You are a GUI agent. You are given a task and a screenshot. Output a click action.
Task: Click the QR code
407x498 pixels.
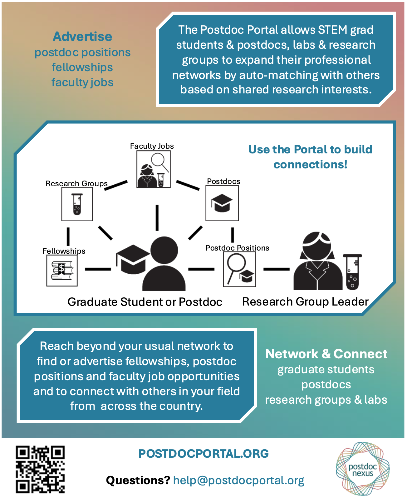tap(40, 469)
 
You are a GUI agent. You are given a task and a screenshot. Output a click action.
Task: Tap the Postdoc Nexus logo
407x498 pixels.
tap(362, 468)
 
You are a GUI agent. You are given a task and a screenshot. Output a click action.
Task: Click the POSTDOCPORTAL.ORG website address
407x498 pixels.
tap(203, 454)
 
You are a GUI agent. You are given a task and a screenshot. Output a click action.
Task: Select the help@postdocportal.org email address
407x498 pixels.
tap(238, 481)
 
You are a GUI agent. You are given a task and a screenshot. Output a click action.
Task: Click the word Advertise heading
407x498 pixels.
tap(82, 37)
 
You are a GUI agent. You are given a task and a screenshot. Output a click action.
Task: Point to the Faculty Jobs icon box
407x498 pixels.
tap(154, 169)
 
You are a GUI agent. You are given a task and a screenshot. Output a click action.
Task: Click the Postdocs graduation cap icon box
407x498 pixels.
tap(222, 203)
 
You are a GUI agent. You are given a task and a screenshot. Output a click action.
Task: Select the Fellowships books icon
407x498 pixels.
tap(62, 271)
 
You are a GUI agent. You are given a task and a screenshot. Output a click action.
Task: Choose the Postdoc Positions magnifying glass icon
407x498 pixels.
tap(239, 269)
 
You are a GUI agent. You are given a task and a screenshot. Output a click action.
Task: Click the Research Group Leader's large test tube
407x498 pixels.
tap(353, 272)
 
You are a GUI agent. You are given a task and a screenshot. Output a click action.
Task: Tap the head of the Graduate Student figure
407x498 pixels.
tap(164, 251)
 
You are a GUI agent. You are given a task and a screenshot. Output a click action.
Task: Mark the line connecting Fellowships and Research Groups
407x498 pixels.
tap(68, 237)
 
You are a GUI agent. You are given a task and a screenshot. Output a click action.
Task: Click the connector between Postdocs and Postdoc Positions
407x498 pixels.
tap(233, 235)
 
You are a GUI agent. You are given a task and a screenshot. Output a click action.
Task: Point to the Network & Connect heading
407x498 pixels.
tap(326, 354)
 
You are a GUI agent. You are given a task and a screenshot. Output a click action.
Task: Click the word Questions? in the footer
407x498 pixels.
tap(138, 481)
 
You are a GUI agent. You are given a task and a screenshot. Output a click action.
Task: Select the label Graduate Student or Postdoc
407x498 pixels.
tap(145, 302)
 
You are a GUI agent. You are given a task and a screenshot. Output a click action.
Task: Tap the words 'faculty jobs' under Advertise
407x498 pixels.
tap(82, 82)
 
